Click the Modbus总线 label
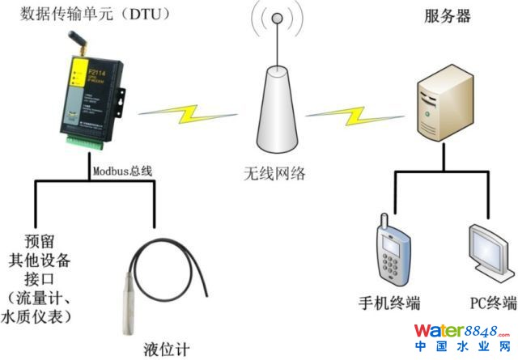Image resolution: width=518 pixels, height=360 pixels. [122, 171]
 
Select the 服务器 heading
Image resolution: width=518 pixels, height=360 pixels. [448, 16]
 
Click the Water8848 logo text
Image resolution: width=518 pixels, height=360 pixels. [462, 332]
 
